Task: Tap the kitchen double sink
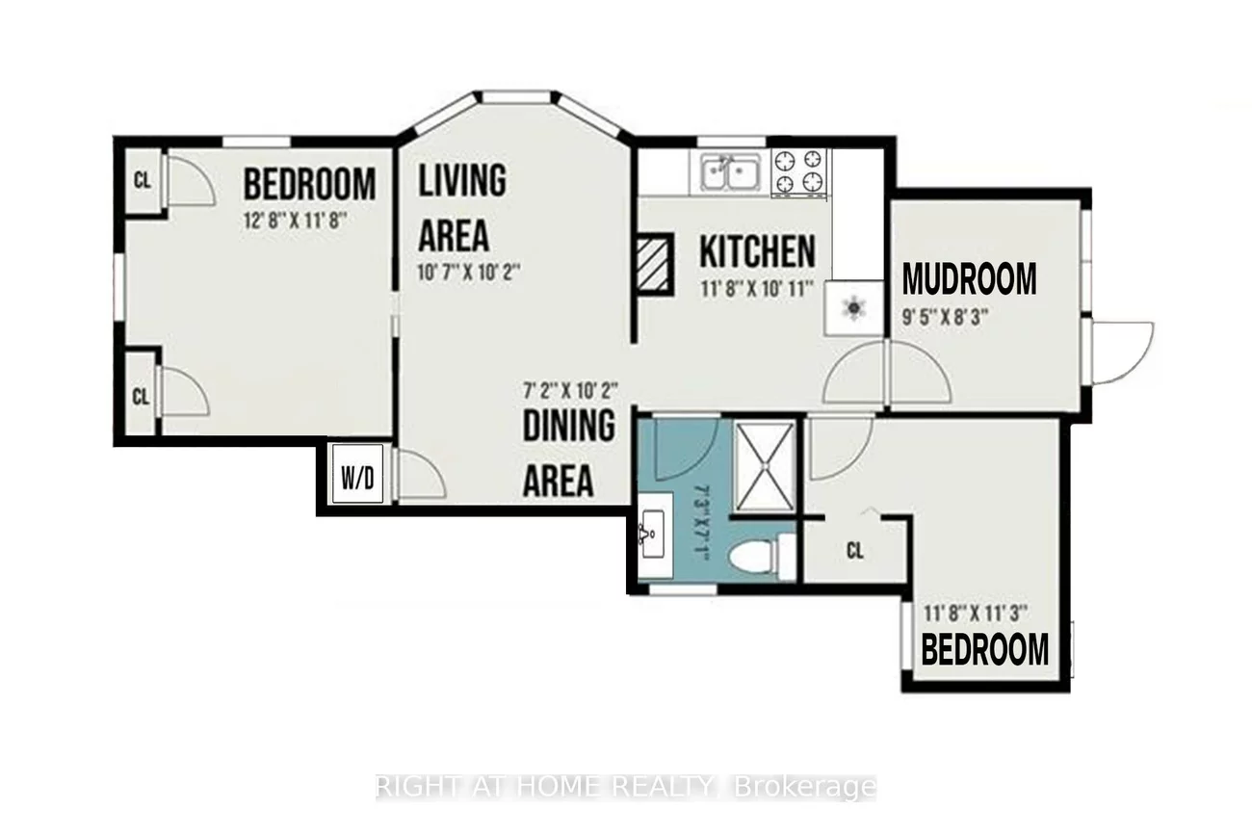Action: (729, 174)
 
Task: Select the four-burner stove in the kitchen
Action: (800, 170)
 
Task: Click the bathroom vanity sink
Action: (655, 534)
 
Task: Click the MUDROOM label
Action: (969, 279)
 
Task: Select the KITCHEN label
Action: (757, 252)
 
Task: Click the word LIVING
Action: (462, 181)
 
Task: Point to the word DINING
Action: (568, 426)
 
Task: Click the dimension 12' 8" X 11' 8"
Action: (294, 219)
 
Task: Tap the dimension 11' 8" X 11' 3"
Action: (976, 611)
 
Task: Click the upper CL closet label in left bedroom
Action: (142, 180)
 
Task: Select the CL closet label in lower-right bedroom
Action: (854, 552)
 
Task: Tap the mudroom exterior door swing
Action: (1122, 352)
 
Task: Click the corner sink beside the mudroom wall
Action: (854, 308)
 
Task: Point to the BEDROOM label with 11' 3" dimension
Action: (984, 650)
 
